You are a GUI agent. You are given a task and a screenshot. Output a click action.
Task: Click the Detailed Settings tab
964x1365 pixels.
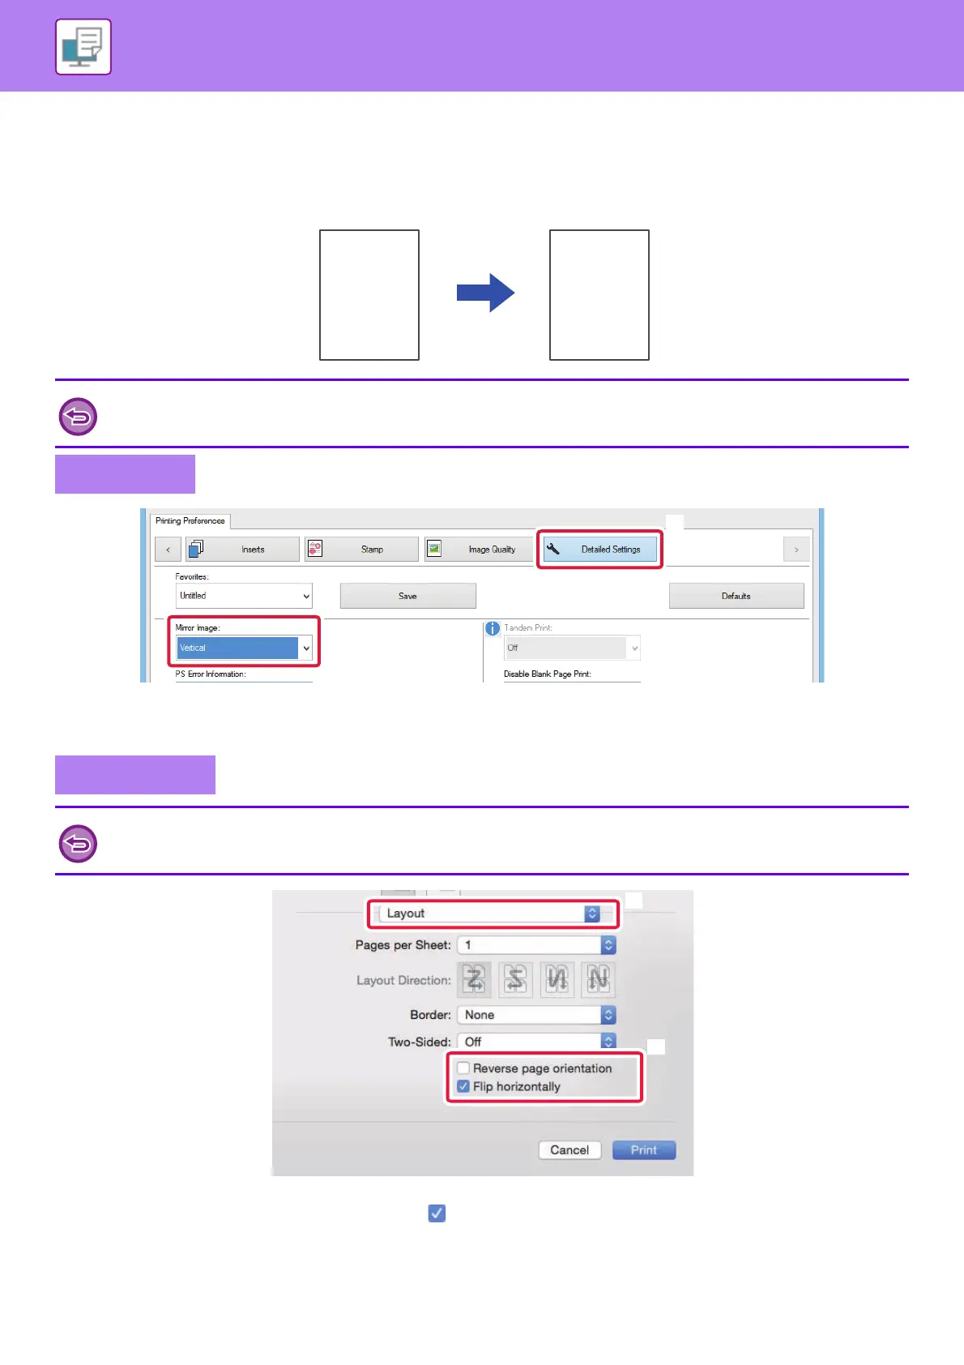tap(599, 550)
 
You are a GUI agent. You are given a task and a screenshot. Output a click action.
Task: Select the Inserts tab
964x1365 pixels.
tap(242, 550)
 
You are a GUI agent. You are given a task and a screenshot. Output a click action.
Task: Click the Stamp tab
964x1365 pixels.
tap(361, 550)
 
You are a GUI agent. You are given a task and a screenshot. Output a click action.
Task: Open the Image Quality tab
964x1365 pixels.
tap(479, 550)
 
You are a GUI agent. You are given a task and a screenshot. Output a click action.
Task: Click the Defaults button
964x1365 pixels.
tap(736, 596)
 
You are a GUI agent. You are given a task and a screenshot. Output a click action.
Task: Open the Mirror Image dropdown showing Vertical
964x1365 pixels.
tap(244, 648)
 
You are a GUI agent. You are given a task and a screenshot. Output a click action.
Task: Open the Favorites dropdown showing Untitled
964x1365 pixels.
tap(244, 596)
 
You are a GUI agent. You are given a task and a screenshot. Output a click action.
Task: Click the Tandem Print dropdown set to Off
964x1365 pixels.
tap(572, 648)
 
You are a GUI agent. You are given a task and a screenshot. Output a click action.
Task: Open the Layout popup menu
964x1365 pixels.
tap(492, 914)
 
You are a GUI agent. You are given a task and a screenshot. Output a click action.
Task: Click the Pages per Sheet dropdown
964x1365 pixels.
tap(536, 945)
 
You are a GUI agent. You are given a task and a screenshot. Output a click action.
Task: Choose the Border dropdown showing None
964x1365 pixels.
tap(536, 1015)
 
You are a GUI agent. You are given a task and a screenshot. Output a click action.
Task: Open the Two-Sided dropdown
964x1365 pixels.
tap(536, 1042)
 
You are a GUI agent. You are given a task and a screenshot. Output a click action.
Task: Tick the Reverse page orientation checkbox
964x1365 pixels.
tap(463, 1068)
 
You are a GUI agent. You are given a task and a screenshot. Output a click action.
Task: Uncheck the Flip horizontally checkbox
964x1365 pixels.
tap(463, 1086)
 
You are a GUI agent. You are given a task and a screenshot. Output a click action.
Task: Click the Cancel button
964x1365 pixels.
tap(569, 1150)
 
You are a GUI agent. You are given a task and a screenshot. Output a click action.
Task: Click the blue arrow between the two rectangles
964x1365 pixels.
tap(485, 293)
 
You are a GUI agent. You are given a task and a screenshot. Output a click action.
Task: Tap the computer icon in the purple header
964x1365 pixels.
tap(83, 47)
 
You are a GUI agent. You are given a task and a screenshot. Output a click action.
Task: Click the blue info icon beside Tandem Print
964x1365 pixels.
tap(492, 628)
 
